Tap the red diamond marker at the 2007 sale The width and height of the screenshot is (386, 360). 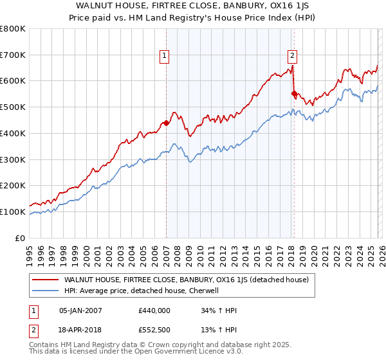click(166, 123)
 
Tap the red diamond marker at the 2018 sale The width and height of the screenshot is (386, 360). click(294, 94)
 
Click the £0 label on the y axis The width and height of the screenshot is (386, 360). click(21, 238)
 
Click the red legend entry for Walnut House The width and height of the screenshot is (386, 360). click(186, 280)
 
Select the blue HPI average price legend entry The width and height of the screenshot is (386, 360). click(142, 291)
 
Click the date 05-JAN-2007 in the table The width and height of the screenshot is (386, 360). click(80, 310)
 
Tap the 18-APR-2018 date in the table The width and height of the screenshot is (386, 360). click(80, 331)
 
